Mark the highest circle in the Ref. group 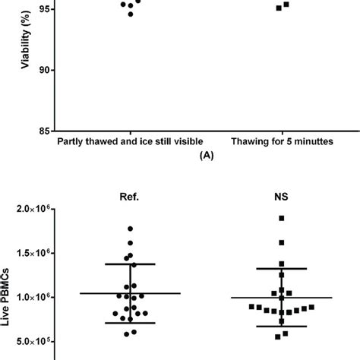click(x=131, y=228)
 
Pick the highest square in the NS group click(x=282, y=218)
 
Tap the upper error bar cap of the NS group click(x=282, y=268)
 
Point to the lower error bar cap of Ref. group click(x=131, y=323)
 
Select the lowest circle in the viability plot click(x=131, y=14)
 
